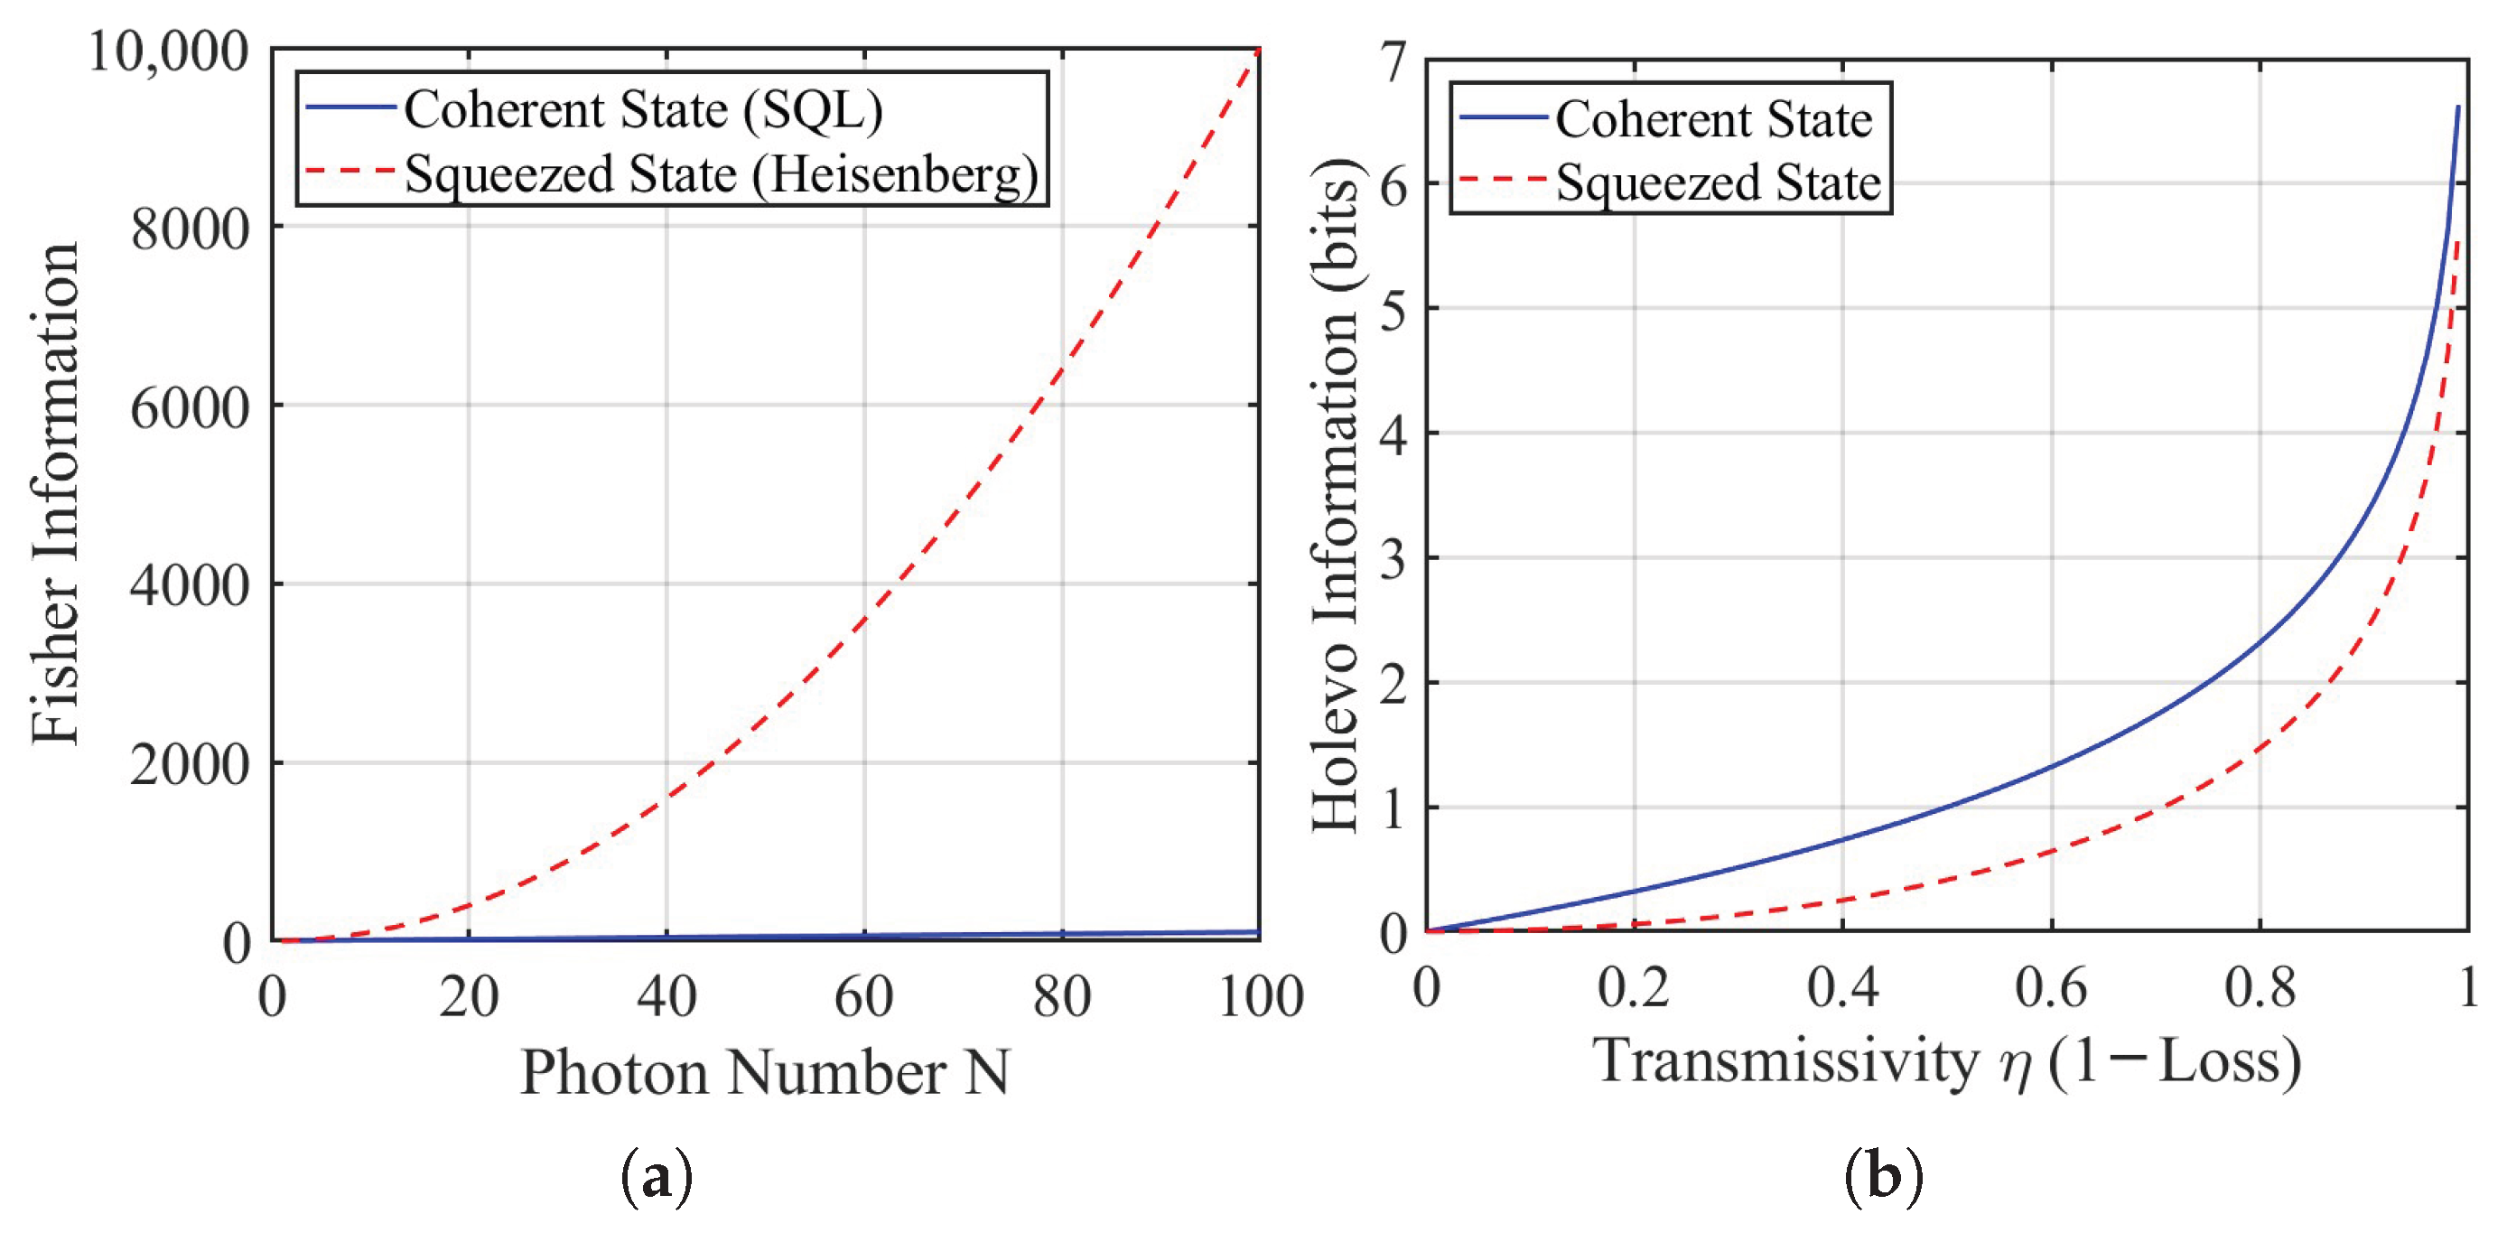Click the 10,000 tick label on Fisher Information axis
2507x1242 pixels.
pyautogui.click(x=168, y=51)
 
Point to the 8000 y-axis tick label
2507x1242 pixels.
pyautogui.click(x=190, y=229)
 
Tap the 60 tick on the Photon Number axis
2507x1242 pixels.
pyautogui.click(x=863, y=996)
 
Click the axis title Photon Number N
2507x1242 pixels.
pyautogui.click(x=765, y=1073)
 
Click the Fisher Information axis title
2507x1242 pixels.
pyautogui.click(x=54, y=493)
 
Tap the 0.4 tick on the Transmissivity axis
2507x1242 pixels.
pyautogui.click(x=1842, y=987)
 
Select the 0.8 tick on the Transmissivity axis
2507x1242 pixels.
pyautogui.click(x=2260, y=987)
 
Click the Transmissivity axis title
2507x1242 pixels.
pyautogui.click(x=1946, y=1061)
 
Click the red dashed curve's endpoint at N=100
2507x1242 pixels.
pyautogui.click(x=1258, y=51)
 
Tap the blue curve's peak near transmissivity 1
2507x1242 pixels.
pyautogui.click(x=2457, y=107)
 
